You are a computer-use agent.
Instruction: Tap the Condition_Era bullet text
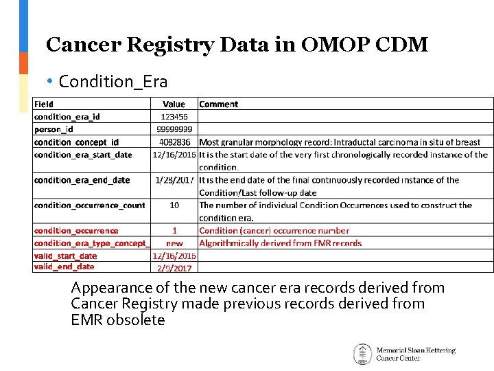(x=113, y=82)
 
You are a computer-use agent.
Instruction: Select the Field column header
(x=44, y=104)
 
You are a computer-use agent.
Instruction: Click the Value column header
(x=174, y=104)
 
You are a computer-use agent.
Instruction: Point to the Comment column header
(x=219, y=104)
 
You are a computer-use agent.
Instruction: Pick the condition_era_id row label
(x=67, y=117)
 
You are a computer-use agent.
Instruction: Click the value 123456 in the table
(x=174, y=117)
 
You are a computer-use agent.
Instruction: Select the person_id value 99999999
(x=174, y=129)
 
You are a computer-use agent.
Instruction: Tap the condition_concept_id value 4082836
(x=174, y=142)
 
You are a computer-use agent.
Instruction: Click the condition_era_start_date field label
(x=83, y=155)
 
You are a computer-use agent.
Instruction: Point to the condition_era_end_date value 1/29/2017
(x=174, y=180)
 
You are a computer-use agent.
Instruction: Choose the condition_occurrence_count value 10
(x=174, y=205)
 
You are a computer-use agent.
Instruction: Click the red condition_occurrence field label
(x=76, y=231)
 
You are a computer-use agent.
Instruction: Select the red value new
(x=174, y=243)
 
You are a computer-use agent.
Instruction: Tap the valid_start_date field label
(x=66, y=256)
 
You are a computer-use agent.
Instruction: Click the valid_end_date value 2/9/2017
(x=174, y=268)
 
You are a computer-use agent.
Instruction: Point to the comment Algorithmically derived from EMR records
(x=280, y=243)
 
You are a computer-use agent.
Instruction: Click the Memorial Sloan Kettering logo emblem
(x=362, y=354)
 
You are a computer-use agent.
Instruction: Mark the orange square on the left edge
(x=23, y=63)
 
